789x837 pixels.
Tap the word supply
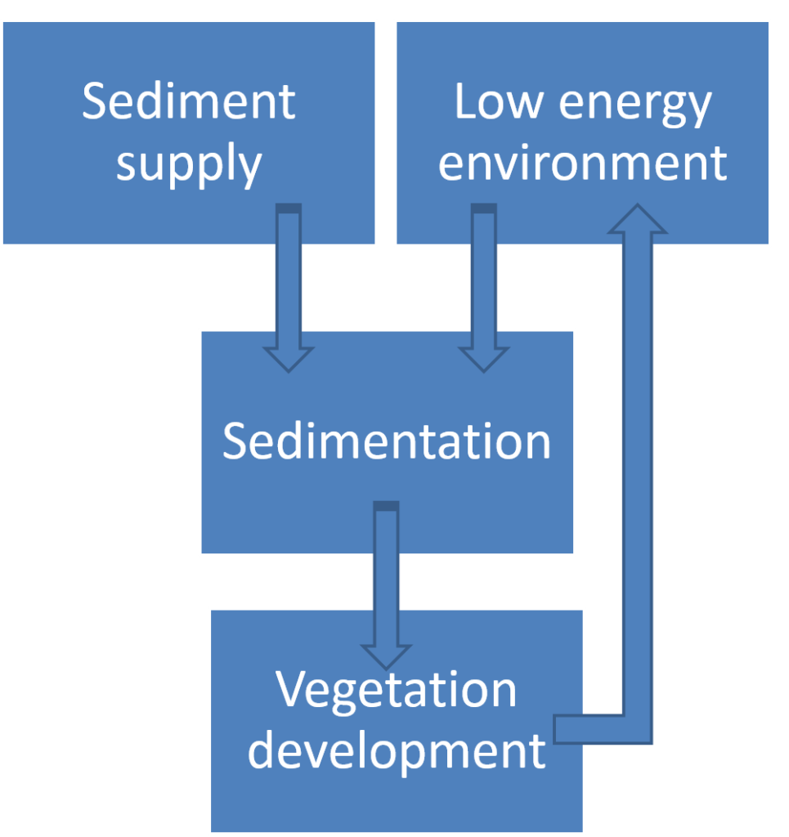pos(189,164)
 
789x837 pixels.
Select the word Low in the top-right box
pos(498,101)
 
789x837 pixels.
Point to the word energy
pos(634,106)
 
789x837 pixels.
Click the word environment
pos(582,163)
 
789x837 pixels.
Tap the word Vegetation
pos(396,692)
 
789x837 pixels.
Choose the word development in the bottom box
pos(397,751)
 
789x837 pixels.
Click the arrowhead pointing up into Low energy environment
pos(638,218)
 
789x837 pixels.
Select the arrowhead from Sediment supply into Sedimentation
pos(289,360)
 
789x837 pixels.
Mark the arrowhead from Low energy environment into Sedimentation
pos(484,360)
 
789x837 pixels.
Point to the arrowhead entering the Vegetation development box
pos(386,657)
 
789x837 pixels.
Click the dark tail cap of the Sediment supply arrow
pos(289,208)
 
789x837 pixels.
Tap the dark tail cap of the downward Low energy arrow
pos(484,208)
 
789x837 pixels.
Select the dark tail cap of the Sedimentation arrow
pos(386,506)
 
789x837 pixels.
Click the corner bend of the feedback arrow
pos(638,729)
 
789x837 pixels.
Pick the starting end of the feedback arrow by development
pos(556,729)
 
